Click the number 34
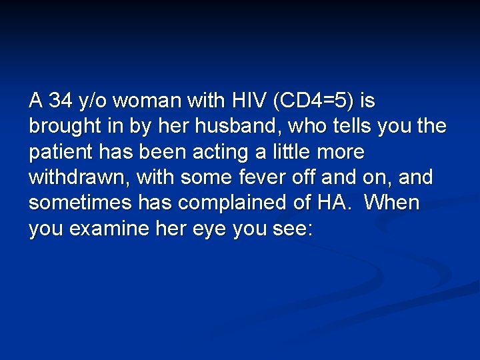[x=62, y=101]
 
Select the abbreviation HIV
[x=247, y=101]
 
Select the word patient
[x=59, y=152]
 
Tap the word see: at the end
[x=292, y=229]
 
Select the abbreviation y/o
[x=95, y=101]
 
